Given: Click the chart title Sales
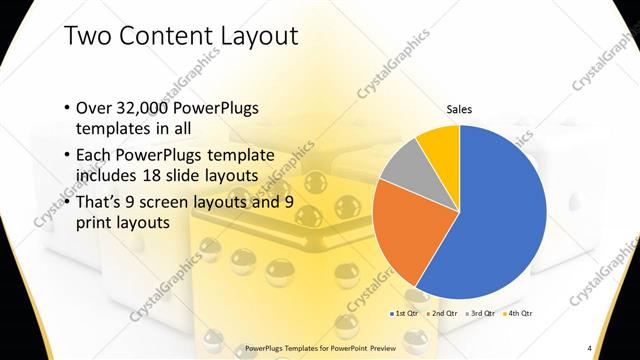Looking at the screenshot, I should coord(459,110).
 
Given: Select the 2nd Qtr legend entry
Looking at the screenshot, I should coord(443,314).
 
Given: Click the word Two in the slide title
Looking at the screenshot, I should coord(85,37).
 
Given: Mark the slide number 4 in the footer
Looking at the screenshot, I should coord(590,347).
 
